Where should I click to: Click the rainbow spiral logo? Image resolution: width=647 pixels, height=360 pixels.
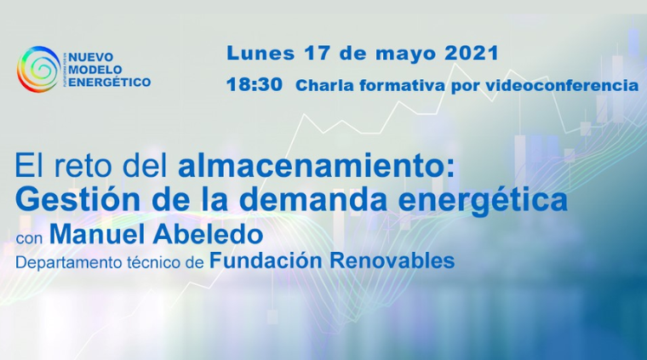coord(38,69)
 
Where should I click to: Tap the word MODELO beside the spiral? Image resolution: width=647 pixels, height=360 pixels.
coord(95,70)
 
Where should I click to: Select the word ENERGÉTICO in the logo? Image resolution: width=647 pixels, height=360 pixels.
coord(109,82)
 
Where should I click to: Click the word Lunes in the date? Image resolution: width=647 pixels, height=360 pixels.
coord(261,54)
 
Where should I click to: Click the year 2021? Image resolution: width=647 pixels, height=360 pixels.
coord(472,54)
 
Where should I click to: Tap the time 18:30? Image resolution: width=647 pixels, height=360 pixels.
coord(255,84)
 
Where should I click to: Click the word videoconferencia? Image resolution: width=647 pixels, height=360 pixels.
coord(562,85)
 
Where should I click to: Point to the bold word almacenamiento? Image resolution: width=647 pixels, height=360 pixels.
coord(317,166)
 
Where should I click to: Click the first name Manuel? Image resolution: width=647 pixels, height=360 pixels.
coord(97,234)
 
